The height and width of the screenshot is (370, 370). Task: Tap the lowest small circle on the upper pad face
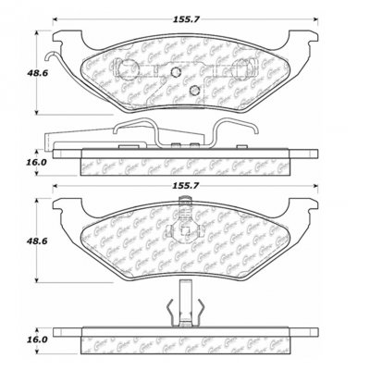(194, 89)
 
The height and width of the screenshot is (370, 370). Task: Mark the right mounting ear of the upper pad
(307, 39)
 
